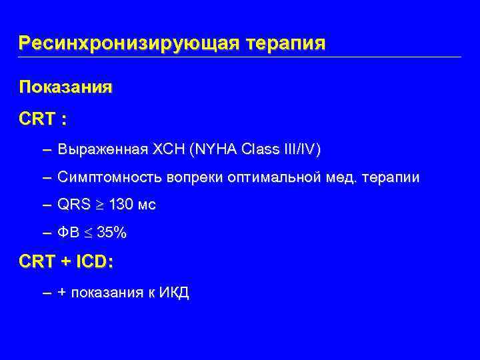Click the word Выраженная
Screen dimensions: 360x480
coord(102,149)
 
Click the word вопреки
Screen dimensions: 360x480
coord(193,177)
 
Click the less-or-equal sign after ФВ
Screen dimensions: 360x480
coord(87,233)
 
